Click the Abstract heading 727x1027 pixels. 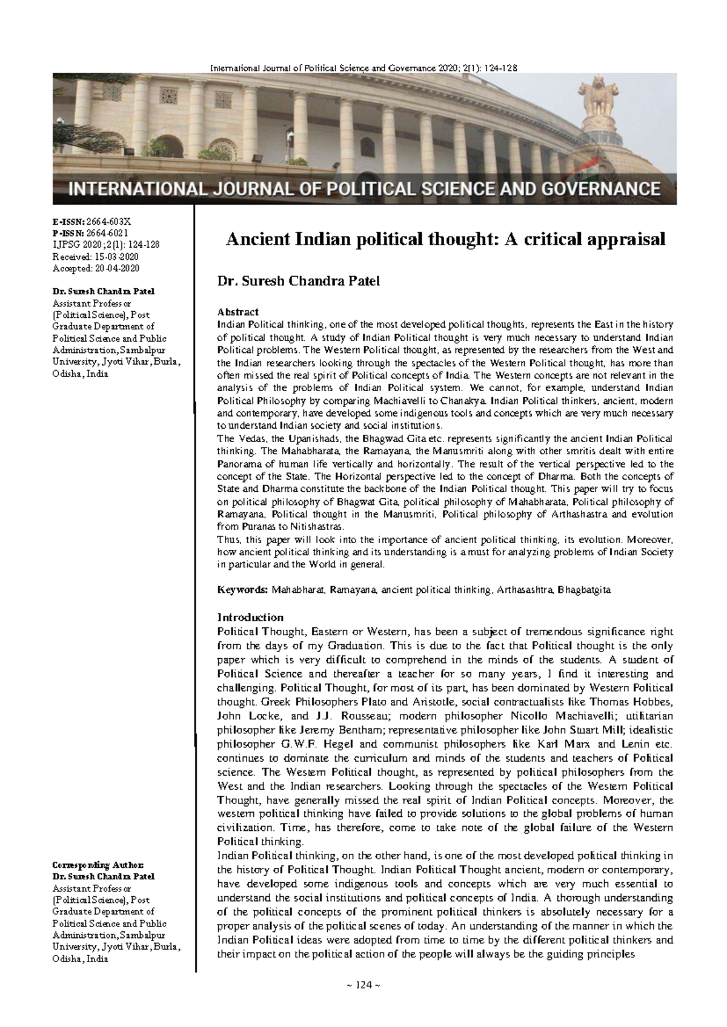pos(238,312)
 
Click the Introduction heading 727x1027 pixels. pos(250,618)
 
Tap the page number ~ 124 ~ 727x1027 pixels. pos(363,985)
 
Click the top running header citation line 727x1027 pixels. pos(363,68)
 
